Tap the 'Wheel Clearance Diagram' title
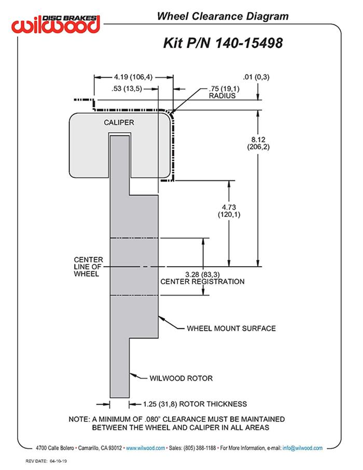pos(222,17)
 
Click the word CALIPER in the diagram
pos(119,122)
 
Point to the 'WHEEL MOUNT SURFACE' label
pos(231,328)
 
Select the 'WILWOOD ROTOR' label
pos(181,378)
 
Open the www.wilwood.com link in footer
pos(145,448)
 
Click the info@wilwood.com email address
pos(302,448)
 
